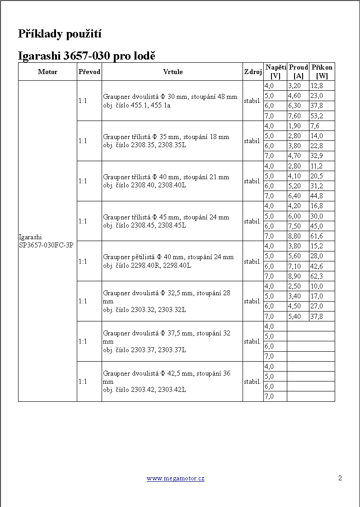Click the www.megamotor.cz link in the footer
pyautogui.click(x=175, y=478)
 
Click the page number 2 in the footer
pyautogui.click(x=340, y=478)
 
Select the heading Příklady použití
pyautogui.click(x=60, y=33)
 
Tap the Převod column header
pyautogui.click(x=89, y=72)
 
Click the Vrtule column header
pyautogui.click(x=173, y=72)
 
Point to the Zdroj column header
pyautogui.click(x=253, y=72)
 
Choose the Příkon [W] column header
pyautogui.click(x=322, y=72)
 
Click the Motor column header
pyautogui.click(x=47, y=72)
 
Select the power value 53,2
pyautogui.click(x=316, y=116)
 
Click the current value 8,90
pyautogui.click(x=294, y=276)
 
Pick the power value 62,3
pyautogui.click(x=316, y=276)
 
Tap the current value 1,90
pyautogui.click(x=294, y=126)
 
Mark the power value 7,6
pyautogui.click(x=315, y=126)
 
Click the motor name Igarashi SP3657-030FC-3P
pyautogui.click(x=46, y=241)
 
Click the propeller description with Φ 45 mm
pyautogui.click(x=166, y=217)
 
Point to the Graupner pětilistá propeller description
pyautogui.click(x=168, y=257)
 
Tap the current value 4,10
pyautogui.click(x=294, y=176)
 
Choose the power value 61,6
pyautogui.click(x=316, y=236)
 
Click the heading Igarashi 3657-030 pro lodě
pyautogui.click(x=87, y=56)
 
